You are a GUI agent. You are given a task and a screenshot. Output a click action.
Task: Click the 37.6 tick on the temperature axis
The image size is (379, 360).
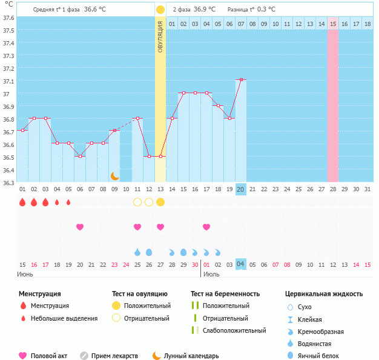8,18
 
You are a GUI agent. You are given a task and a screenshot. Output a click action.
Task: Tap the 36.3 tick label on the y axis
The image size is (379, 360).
8,182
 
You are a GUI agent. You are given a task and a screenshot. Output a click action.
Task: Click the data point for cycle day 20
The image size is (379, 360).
241,79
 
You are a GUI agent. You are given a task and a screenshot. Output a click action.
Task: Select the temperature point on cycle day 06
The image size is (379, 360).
80,156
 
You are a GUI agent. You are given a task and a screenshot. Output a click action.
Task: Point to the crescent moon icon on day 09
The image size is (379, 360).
114,175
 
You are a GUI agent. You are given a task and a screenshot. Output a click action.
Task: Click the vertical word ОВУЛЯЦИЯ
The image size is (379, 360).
160,36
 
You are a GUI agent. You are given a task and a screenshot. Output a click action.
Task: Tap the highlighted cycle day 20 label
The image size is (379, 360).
240,189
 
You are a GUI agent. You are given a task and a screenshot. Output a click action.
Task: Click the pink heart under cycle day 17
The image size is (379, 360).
206,227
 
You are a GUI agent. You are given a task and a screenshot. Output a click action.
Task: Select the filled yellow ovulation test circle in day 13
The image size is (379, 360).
160,201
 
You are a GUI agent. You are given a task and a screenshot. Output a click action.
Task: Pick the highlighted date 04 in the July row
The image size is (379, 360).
240,264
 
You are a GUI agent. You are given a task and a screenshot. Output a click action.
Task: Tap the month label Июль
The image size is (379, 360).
211,275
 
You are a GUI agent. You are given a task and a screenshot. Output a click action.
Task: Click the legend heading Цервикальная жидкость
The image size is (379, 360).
324,294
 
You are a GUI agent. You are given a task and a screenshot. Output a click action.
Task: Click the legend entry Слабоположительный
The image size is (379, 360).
232,330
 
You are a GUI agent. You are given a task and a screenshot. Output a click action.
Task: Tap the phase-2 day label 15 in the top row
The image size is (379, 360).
333,24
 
